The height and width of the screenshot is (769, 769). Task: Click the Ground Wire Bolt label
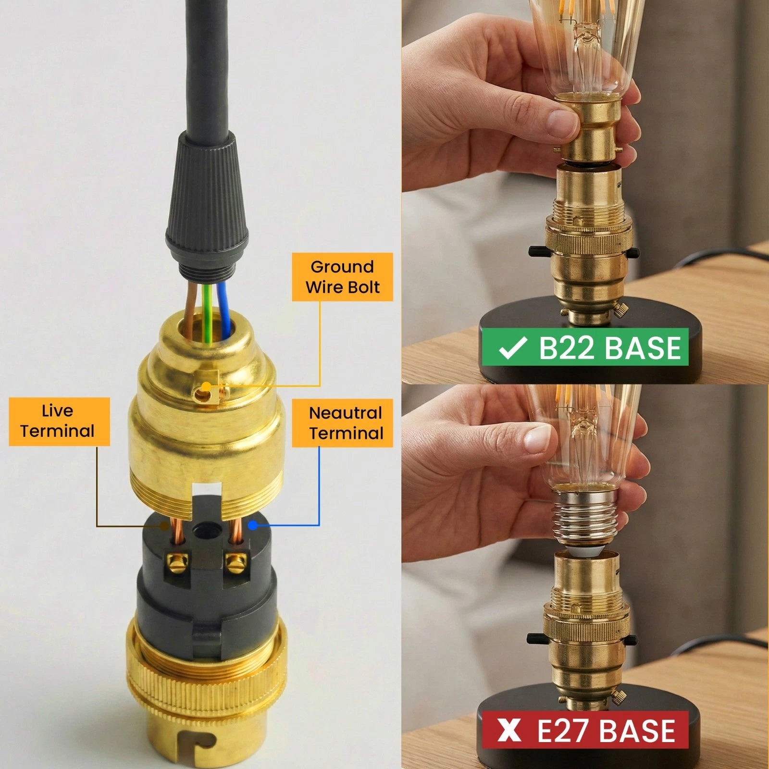(342, 277)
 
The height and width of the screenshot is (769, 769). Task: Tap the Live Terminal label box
(59, 421)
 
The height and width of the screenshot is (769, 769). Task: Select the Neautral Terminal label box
(342, 423)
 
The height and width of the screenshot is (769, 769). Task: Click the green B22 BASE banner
(585, 347)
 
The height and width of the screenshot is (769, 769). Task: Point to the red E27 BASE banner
(585, 730)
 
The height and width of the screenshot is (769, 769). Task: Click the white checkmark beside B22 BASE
(512, 347)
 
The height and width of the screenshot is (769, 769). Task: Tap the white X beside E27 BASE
(509, 730)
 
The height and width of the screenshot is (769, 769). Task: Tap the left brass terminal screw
(177, 562)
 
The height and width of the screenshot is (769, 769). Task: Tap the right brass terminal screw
(236, 562)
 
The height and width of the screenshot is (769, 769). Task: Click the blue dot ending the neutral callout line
(253, 525)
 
